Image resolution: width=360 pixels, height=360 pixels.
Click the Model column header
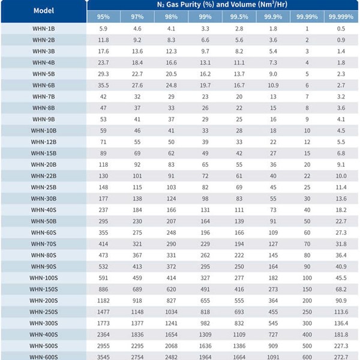point(44,10)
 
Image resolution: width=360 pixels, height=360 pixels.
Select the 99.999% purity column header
point(341,16)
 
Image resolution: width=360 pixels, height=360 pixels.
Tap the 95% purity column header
point(103,16)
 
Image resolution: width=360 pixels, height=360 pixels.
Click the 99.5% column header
point(239,16)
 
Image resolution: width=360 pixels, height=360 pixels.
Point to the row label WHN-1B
point(44,29)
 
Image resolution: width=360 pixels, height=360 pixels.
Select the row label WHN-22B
point(44,176)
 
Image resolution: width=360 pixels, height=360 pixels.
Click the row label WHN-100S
point(44,278)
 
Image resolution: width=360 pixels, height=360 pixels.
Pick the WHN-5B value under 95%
point(103,74)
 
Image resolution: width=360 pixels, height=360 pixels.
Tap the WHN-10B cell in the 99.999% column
point(341,130)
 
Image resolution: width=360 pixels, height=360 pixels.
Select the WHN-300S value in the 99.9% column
point(273,323)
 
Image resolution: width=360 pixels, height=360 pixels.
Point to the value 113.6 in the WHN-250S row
point(341,311)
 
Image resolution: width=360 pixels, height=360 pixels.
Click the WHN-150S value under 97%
point(137,289)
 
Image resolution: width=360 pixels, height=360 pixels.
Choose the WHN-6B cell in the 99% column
point(205,85)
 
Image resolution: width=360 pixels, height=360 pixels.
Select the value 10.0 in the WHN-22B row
point(341,176)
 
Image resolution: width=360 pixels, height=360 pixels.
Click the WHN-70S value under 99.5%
point(239,244)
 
